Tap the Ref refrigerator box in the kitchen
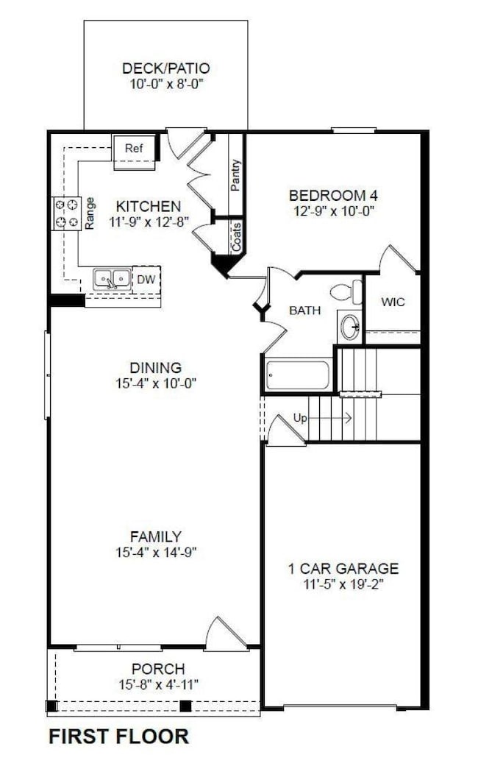tap(133, 149)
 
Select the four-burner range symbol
tap(66, 213)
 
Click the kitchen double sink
tap(112, 279)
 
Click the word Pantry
tap(235, 175)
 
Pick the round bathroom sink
tap(350, 326)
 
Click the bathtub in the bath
tap(298, 375)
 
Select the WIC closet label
tap(392, 302)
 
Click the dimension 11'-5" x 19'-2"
tap(343, 585)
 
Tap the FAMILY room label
tap(155, 537)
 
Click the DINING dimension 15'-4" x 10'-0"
tap(155, 383)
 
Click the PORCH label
tap(158, 669)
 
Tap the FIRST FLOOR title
tap(118, 736)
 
